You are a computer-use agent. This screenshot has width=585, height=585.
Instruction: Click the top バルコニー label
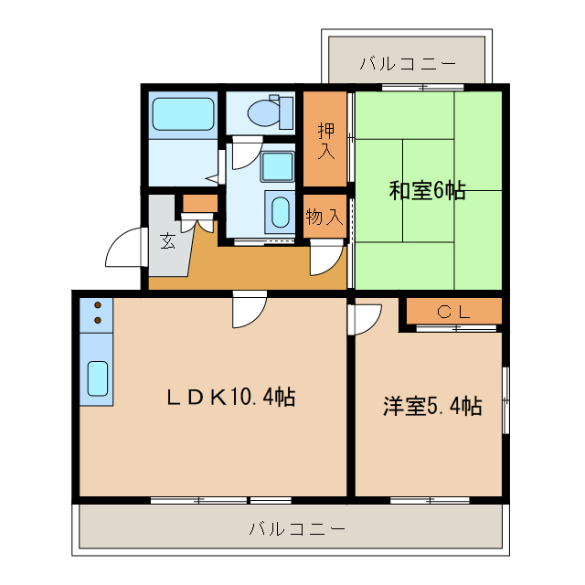408,63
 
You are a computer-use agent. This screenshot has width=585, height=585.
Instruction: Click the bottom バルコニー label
296,529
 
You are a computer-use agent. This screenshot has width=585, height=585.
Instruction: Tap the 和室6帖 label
427,190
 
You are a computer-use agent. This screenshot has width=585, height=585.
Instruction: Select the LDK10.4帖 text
229,398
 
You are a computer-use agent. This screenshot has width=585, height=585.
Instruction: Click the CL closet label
453,311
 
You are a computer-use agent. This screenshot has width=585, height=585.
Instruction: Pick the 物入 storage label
324,217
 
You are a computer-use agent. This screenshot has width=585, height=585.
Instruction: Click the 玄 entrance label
168,241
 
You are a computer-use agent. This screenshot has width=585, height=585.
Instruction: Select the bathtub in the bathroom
183,114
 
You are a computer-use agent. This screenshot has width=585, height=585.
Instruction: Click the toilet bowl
265,112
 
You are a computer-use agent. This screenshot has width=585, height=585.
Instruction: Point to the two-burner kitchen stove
96,313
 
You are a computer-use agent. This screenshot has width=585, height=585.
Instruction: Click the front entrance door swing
125,250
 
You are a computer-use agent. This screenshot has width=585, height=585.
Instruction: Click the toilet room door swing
244,154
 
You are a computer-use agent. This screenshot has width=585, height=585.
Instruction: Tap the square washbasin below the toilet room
276,167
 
